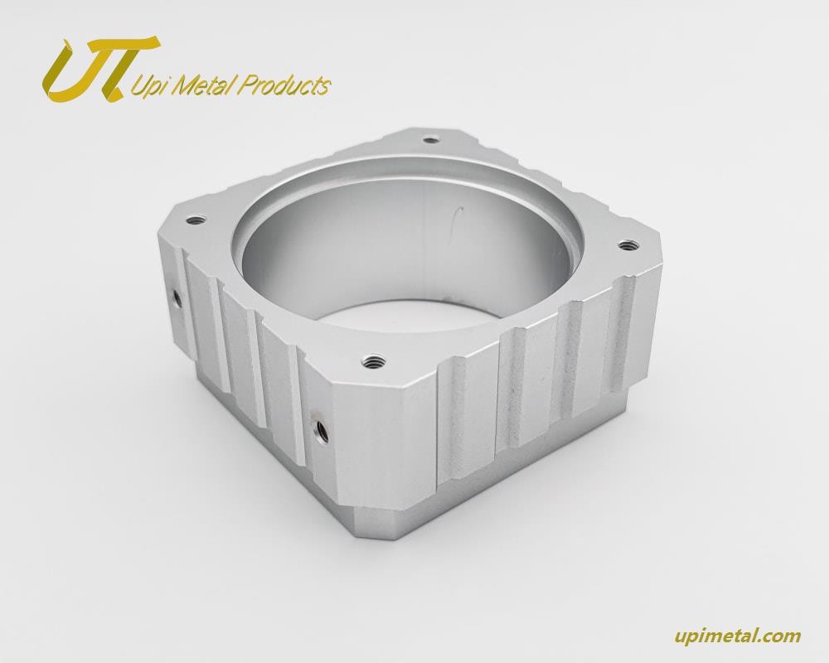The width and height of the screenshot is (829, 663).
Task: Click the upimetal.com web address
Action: tap(738, 636)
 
